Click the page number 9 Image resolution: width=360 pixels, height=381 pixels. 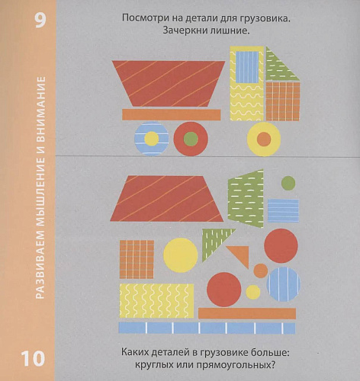click(40, 21)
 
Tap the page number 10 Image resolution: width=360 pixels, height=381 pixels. click(33, 358)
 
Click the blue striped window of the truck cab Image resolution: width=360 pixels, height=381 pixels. click(247, 67)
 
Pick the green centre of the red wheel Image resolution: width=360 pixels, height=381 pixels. click(191, 139)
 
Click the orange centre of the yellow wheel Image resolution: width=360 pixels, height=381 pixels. click(264, 139)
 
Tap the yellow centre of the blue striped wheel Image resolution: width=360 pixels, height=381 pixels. click(152, 139)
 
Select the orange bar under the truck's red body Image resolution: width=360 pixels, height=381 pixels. click(172, 114)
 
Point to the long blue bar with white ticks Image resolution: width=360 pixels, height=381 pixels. click(207, 328)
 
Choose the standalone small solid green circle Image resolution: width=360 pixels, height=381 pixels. click(288, 183)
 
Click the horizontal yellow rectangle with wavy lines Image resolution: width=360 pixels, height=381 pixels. click(156, 301)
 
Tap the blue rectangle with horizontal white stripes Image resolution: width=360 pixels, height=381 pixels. click(283, 211)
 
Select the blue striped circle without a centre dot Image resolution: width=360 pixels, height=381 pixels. click(284, 284)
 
